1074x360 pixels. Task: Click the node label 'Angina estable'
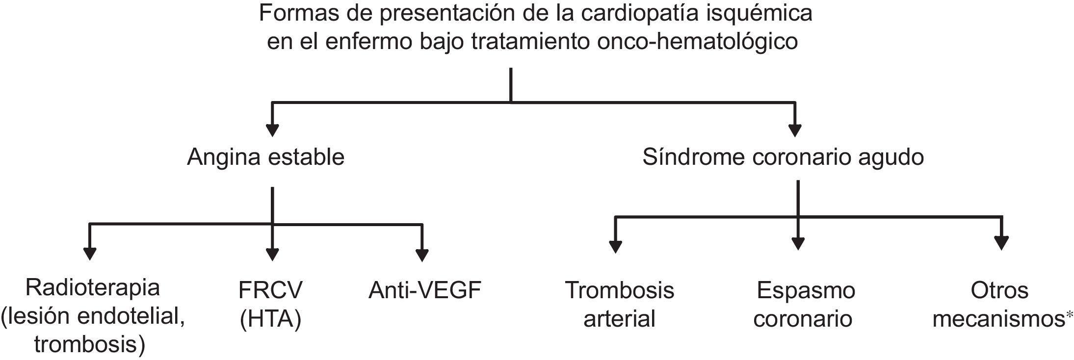[x=265, y=157]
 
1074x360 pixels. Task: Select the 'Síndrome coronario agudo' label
[x=783, y=157]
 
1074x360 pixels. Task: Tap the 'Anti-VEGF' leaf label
[x=425, y=290]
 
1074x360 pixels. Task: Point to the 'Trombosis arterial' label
[x=619, y=304]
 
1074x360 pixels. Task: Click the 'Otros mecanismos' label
[x=999, y=304]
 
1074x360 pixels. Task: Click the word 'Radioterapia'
[x=93, y=287]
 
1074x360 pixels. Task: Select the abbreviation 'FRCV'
[x=270, y=290]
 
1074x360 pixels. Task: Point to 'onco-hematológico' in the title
[x=697, y=42]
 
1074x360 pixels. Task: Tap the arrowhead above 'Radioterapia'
[x=90, y=253]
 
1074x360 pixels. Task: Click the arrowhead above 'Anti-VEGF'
[x=422, y=255]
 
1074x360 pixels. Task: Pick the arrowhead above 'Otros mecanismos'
[x=1001, y=243]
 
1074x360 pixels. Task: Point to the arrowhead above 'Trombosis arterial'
[x=615, y=246]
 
